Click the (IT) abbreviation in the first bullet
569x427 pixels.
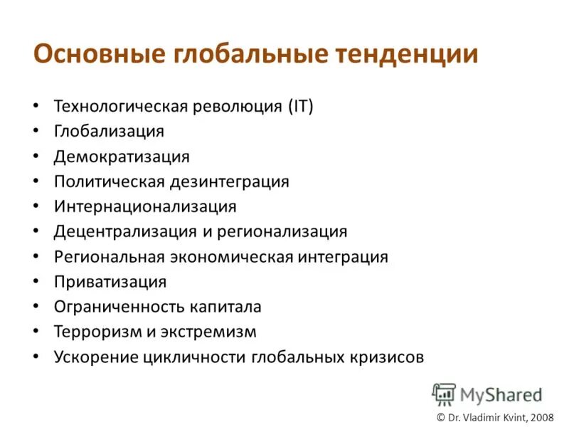coord(301,107)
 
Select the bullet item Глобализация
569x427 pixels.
coord(109,132)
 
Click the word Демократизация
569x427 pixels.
coord(122,157)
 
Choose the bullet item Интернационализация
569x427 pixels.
coord(145,206)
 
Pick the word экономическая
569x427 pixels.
coord(231,257)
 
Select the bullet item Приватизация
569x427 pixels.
coord(110,282)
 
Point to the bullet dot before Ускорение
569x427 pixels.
coord(36,357)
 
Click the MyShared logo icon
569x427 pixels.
coord(444,394)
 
